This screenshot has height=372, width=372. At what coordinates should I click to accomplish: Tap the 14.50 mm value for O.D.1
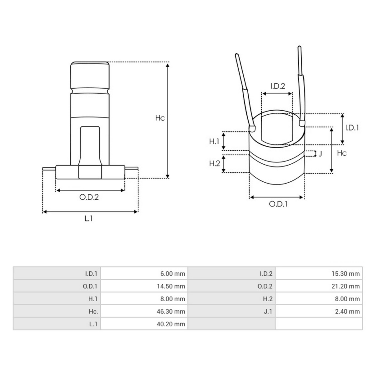click(171, 286)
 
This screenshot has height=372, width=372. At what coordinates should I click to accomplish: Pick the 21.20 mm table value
click(345, 286)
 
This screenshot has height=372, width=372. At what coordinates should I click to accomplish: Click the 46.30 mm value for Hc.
click(171, 312)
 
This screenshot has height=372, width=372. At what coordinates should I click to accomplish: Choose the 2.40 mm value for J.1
click(347, 312)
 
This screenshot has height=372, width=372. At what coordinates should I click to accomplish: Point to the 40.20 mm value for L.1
click(171, 324)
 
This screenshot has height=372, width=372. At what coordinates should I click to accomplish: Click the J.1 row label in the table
click(268, 312)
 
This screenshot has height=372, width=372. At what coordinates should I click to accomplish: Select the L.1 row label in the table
click(93, 324)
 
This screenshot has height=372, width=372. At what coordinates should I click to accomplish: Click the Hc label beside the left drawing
click(160, 118)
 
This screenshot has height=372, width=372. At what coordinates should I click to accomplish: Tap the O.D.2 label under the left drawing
click(89, 197)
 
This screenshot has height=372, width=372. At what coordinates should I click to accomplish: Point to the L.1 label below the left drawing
click(89, 219)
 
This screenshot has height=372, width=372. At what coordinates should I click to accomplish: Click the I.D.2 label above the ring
click(277, 86)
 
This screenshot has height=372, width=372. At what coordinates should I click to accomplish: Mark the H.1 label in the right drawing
click(214, 141)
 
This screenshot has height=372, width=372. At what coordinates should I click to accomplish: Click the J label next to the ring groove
click(320, 153)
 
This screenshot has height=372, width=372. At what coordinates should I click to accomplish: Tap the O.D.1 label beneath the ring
click(278, 204)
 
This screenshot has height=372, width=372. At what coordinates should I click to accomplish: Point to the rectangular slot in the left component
click(90, 144)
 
